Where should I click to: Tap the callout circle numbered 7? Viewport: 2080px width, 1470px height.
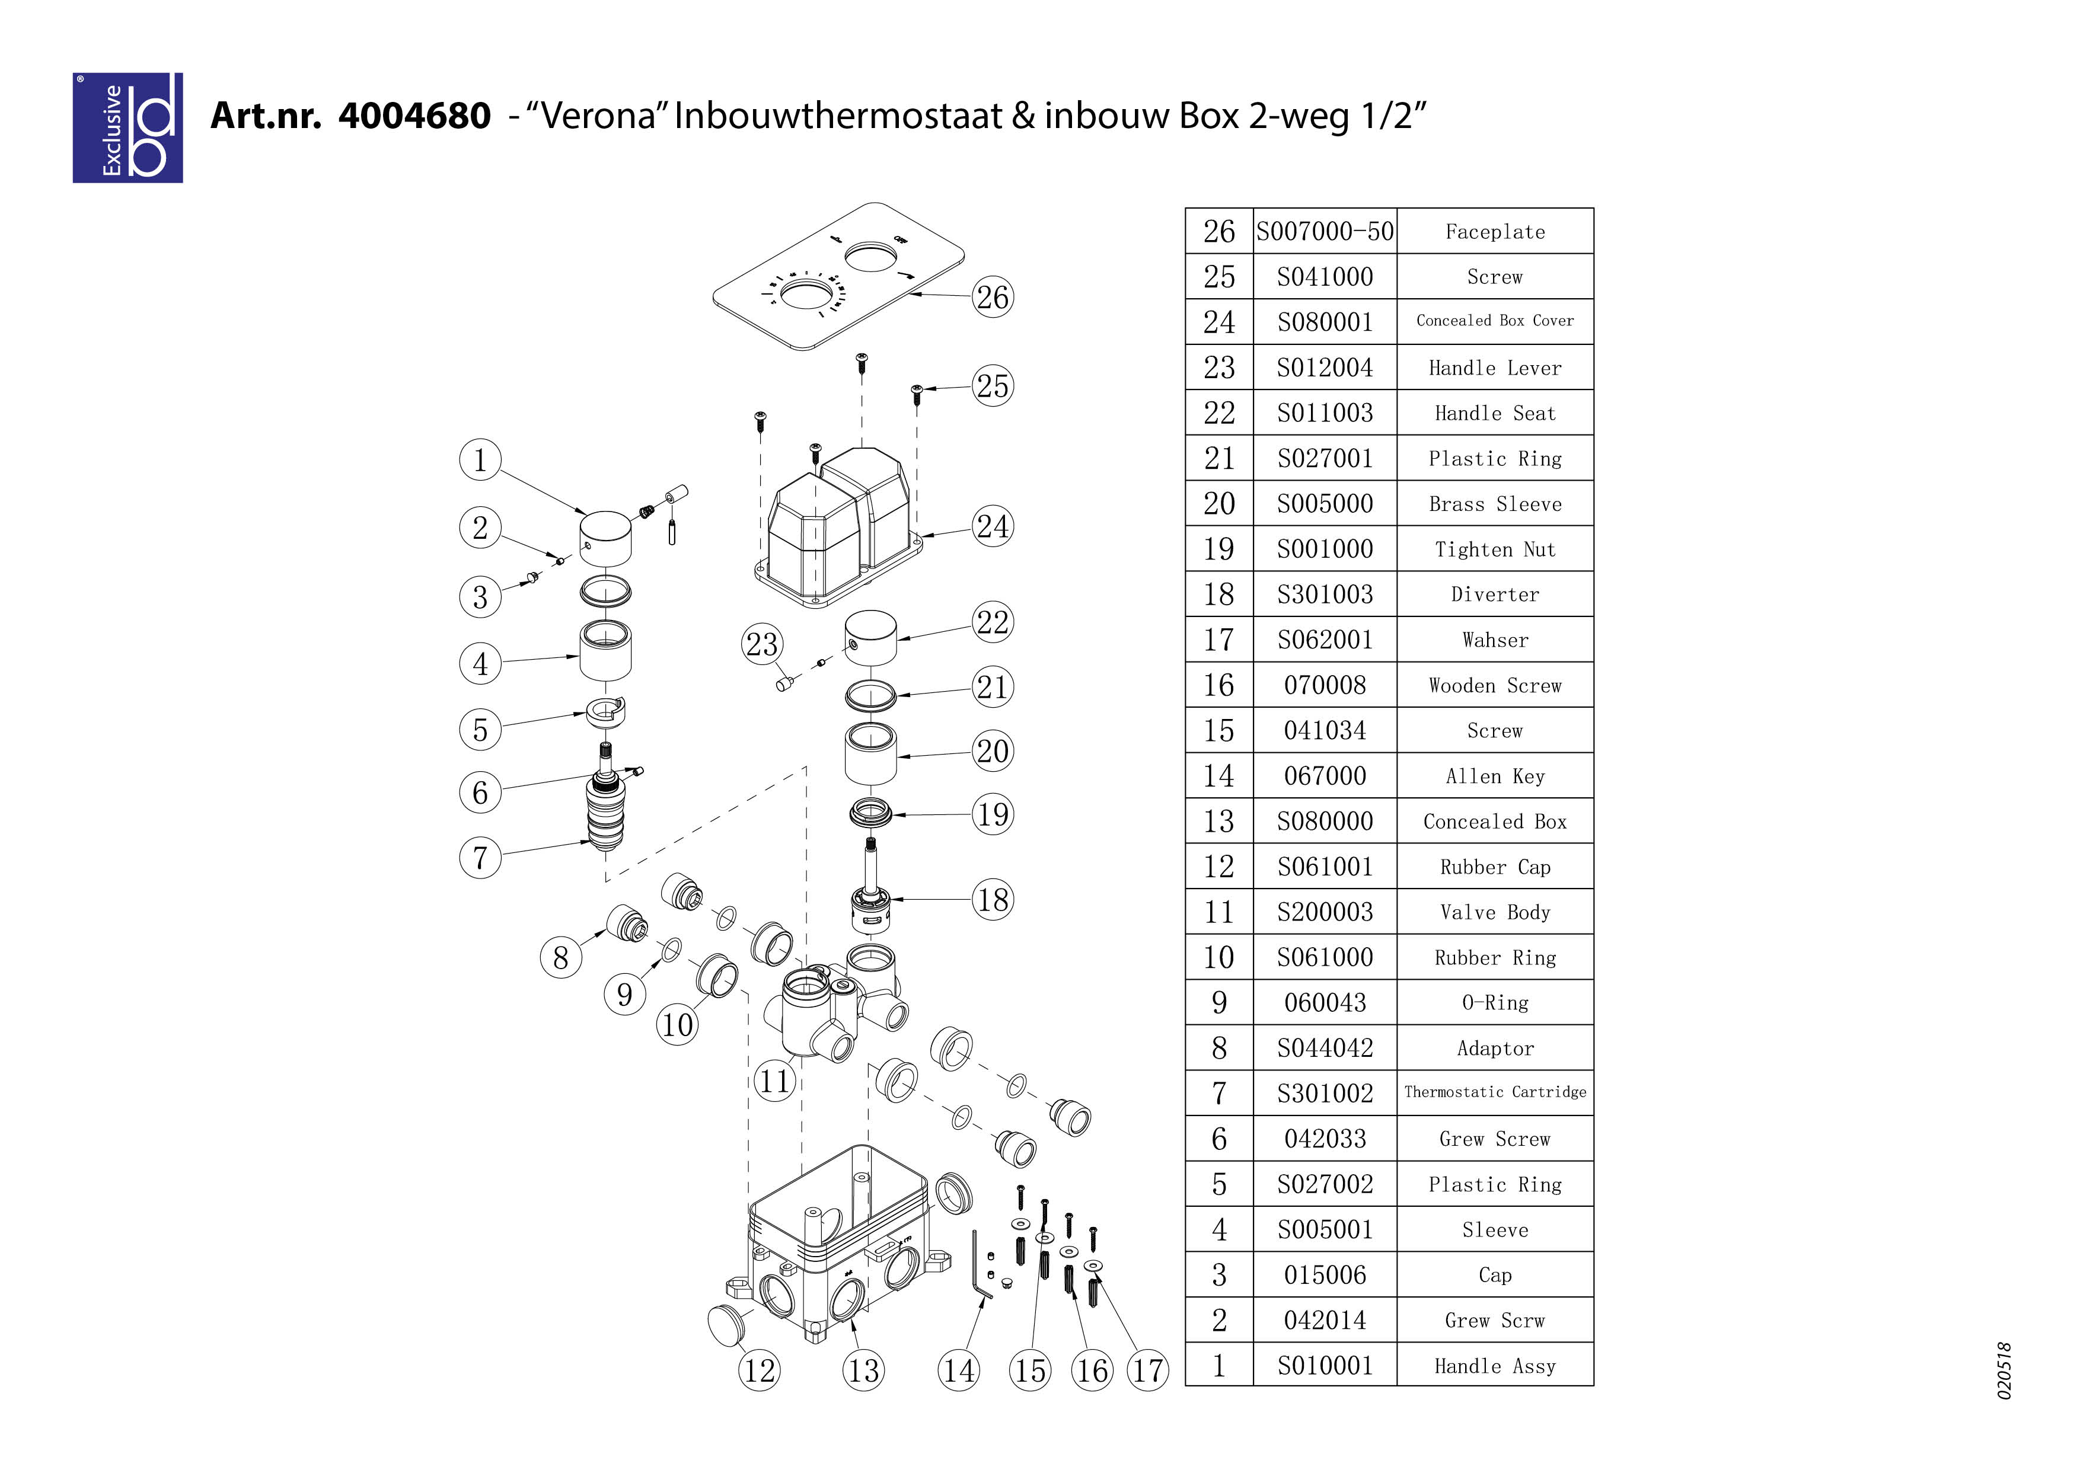click(480, 857)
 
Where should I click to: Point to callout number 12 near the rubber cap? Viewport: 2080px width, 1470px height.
click(759, 1370)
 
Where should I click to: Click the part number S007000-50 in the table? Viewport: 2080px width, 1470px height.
click(1325, 232)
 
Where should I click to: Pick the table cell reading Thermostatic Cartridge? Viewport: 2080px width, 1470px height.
click(1495, 1092)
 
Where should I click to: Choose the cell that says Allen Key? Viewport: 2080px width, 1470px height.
click(1495, 776)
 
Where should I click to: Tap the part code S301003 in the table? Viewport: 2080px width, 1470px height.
click(1325, 594)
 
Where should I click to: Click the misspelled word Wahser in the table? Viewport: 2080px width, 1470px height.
click(1495, 640)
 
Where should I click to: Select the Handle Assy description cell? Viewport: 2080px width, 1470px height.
click(1495, 1366)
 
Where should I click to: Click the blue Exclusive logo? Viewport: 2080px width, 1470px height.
click(127, 127)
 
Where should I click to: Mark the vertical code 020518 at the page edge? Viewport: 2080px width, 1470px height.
click(2004, 1370)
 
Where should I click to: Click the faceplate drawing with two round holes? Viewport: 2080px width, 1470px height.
click(838, 276)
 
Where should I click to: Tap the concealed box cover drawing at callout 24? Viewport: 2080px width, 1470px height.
click(838, 530)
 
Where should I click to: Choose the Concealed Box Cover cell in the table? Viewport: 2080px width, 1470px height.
click(1495, 321)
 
